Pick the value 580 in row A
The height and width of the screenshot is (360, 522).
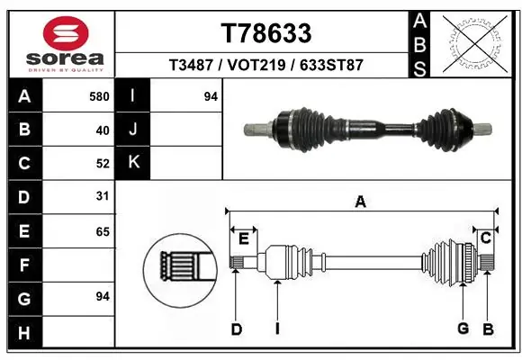pos(99,95)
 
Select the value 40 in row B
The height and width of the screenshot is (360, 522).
pos(102,130)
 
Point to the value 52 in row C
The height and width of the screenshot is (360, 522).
pos(102,164)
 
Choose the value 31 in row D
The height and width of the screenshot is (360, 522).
pos(102,195)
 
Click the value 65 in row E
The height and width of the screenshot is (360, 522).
pos(102,231)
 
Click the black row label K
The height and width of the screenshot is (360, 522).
pos(133,163)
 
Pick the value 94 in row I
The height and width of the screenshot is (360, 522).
pos(211,95)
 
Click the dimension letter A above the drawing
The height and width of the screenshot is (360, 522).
pos(360,202)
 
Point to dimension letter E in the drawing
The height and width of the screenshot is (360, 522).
pos(243,238)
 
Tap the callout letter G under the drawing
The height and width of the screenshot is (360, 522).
pos(463,328)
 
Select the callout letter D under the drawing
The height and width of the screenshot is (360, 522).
pos(237,329)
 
